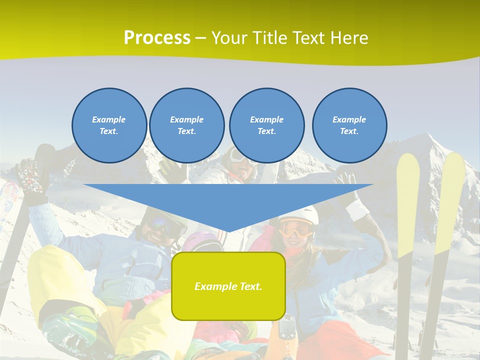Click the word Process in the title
tap(157, 38)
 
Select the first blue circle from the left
tap(109, 125)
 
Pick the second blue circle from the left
tap(186, 125)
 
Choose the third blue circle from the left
tap(266, 125)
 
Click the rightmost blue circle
tap(349, 125)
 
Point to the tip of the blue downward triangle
tap(228, 231)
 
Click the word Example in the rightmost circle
tap(349, 119)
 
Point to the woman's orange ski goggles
tap(296, 229)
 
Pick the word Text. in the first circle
tap(109, 131)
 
